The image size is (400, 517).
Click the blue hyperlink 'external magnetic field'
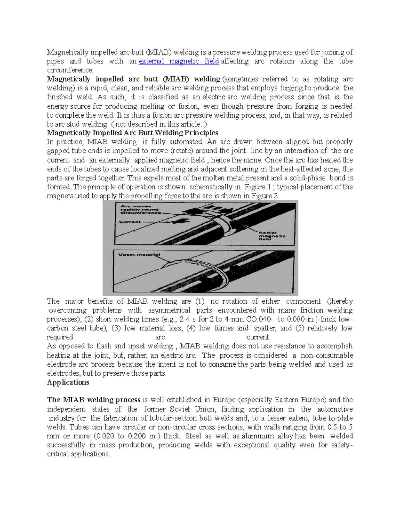pos(179,61)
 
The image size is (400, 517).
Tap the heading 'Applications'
pos(68,382)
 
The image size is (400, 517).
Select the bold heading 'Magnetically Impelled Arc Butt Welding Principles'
pos(132,133)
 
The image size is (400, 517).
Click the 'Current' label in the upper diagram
pos(130,222)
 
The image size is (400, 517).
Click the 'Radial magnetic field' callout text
pos(272,236)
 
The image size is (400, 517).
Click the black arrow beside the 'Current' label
pos(152,221)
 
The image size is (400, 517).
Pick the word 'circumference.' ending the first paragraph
pos(70,70)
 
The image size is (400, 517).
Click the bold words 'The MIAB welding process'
pos(94,400)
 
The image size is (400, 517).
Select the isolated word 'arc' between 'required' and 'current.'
pos(160,337)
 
